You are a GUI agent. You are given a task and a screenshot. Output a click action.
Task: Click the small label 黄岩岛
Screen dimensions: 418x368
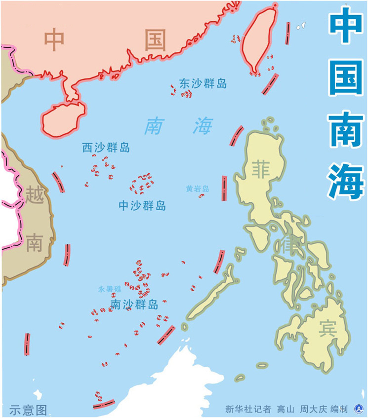(x=198, y=189)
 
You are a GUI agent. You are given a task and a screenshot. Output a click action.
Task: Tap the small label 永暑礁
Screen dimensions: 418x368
(x=109, y=289)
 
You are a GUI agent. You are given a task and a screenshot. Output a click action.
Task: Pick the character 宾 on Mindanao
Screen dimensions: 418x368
(x=327, y=328)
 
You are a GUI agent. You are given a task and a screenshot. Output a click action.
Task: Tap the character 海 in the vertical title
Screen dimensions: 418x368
(x=346, y=180)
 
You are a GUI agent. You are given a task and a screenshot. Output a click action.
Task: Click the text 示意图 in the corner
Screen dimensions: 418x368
(x=28, y=410)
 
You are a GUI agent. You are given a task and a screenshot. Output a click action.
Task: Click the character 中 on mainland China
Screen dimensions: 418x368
(x=54, y=39)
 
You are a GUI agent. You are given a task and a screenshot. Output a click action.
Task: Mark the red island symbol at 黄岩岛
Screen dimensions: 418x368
(x=201, y=196)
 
